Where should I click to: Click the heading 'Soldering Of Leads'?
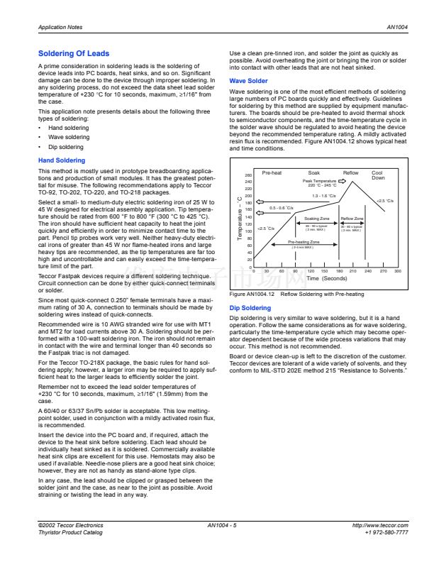[x=74, y=54]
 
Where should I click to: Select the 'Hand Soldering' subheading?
[x=61, y=161]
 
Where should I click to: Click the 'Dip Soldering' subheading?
[x=250, y=308]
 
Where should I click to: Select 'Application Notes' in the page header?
[x=60, y=26]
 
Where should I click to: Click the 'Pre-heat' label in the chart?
[x=272, y=172]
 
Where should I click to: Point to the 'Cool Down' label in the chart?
[x=378, y=175]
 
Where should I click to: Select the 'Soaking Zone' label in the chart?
[x=316, y=219]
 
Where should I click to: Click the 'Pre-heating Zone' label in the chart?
[x=303, y=242]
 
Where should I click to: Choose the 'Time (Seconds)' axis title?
[x=326, y=279]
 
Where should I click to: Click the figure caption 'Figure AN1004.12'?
[x=251, y=294]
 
